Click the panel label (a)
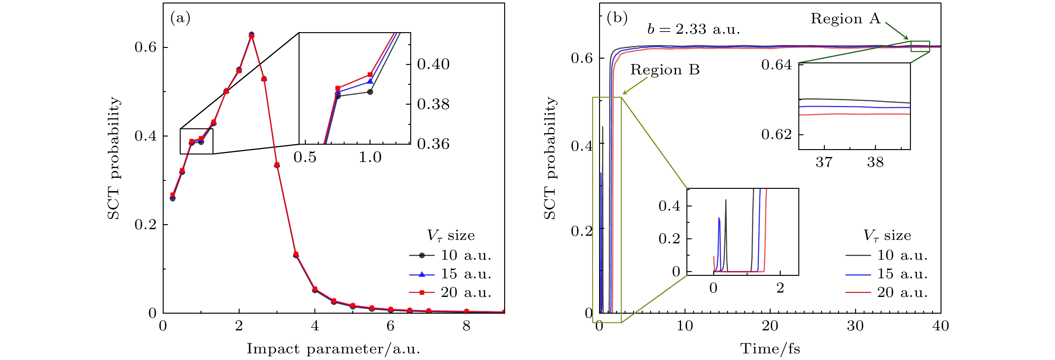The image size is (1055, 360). [180, 18]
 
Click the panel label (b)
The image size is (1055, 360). [617, 18]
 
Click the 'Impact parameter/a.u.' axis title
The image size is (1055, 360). [333, 349]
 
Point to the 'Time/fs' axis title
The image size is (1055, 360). [770, 349]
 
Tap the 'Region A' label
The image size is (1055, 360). [845, 19]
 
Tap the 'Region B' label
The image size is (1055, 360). [665, 70]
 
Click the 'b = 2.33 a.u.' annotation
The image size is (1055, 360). [694, 29]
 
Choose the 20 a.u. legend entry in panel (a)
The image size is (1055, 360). [451, 293]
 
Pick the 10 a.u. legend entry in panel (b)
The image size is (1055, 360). [887, 255]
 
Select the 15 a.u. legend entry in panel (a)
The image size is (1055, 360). [451, 274]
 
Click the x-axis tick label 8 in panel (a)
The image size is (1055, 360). [466, 326]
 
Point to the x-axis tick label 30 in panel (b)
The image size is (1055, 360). [855, 326]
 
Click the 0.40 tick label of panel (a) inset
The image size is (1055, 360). [433, 64]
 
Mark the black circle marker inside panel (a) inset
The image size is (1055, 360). [370, 92]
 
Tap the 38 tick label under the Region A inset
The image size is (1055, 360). [875, 163]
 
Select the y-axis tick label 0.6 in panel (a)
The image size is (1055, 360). [145, 47]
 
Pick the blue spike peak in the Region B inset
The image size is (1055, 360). [719, 218]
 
